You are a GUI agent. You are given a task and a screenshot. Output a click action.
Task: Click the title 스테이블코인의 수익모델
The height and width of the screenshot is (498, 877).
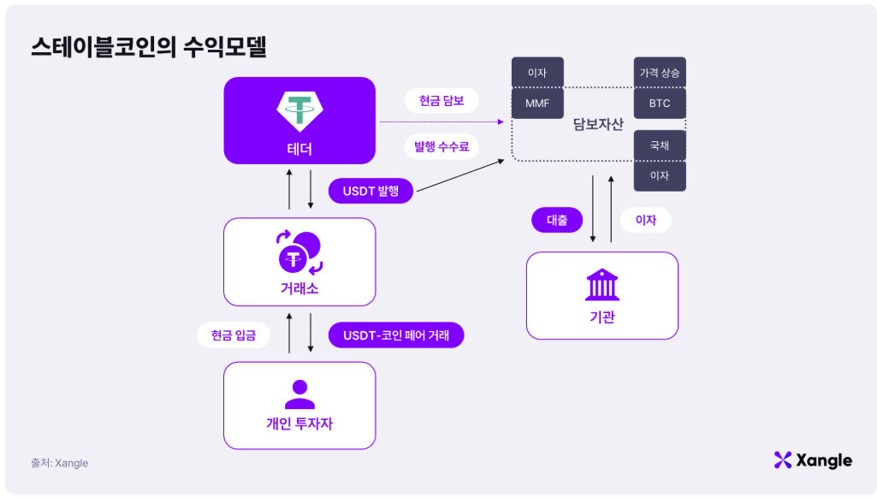148,47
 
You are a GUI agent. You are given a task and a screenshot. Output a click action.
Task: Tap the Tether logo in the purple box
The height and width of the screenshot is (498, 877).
299,109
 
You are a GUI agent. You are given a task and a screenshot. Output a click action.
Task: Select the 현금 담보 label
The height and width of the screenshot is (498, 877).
441,101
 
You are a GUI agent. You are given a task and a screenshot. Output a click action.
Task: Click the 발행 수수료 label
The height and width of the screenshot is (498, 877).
441,146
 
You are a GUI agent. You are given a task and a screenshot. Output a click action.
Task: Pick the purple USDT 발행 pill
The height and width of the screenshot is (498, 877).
371,190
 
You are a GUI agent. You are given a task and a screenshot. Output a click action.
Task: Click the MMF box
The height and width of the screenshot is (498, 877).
537,104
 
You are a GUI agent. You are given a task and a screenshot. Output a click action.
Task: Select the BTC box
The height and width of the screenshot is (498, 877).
659,104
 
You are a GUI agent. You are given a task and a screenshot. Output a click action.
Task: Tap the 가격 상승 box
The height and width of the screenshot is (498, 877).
659,73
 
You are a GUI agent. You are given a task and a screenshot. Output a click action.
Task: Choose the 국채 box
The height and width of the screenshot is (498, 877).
659,145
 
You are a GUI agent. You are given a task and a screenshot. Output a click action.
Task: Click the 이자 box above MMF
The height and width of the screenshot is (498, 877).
537,73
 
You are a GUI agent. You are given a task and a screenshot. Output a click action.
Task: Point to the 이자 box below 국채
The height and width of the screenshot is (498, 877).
659,175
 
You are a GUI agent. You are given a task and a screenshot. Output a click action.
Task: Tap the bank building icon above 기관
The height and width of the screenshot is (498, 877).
601,285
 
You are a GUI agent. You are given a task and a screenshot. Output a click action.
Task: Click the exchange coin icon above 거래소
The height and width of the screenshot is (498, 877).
299,252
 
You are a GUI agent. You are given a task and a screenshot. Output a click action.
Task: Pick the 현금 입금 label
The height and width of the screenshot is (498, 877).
234,335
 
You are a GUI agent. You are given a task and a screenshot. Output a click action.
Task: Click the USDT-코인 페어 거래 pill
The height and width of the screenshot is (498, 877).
396,335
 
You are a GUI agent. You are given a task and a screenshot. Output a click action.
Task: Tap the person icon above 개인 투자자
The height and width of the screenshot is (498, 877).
299,394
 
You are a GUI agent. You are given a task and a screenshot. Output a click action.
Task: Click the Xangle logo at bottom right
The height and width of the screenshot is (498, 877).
812,460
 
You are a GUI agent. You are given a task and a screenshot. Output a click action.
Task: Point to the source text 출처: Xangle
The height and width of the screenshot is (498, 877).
60,463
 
